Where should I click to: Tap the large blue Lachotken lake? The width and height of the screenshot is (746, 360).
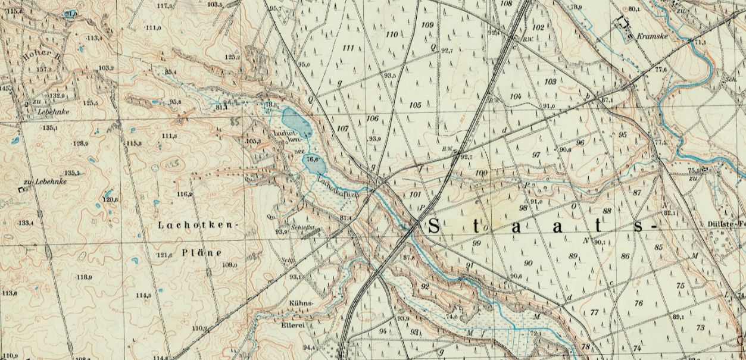296,121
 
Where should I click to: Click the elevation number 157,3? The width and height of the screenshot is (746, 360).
43,70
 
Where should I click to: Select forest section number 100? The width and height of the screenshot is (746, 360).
481,173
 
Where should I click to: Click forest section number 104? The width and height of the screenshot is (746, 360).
516,96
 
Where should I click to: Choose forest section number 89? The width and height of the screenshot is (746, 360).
573,256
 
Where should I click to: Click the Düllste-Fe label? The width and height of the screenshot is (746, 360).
726,224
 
